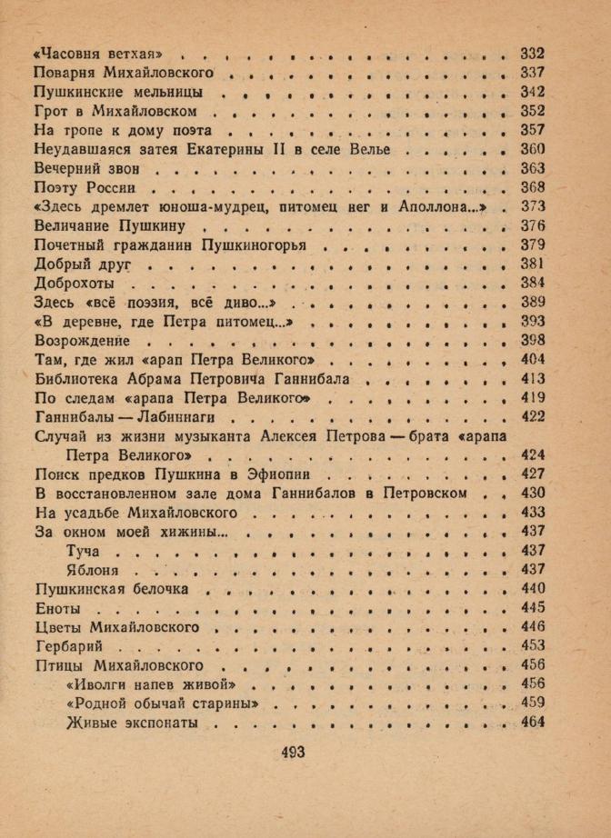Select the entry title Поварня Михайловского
pyautogui.click(x=123, y=72)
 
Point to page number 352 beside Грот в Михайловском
pyautogui.click(x=532, y=111)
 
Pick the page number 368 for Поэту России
pyautogui.click(x=532, y=187)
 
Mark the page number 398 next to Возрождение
pyautogui.click(x=532, y=340)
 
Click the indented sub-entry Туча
pyautogui.click(x=85, y=551)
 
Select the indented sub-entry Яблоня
pyautogui.click(x=94, y=570)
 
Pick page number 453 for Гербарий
pyautogui.click(x=532, y=645)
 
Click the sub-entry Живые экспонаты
pyautogui.click(x=132, y=723)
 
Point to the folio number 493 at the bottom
pyautogui.click(x=293, y=752)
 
